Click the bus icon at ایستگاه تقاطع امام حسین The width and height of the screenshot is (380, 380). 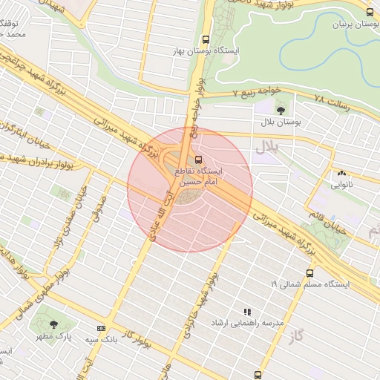click(x=197, y=160)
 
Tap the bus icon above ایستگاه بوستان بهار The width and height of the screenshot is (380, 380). click(x=206, y=40)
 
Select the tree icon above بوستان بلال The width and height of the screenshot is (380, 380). click(x=279, y=111)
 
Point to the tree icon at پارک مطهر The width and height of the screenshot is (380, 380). click(x=53, y=324)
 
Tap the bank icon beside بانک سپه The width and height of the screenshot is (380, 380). click(x=101, y=328)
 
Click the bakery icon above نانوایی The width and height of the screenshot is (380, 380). click(x=341, y=173)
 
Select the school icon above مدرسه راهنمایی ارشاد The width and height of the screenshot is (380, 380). click(x=247, y=312)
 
